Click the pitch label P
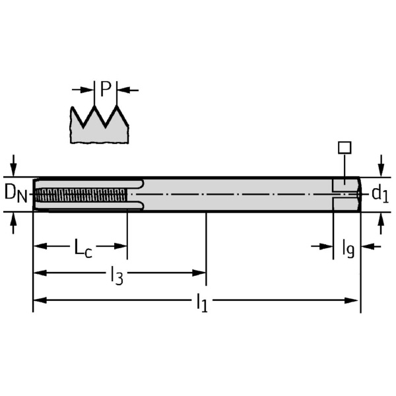point(106,89)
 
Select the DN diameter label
point(16,193)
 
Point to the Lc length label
point(83,247)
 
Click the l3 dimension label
point(117,276)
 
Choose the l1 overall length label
point(202,303)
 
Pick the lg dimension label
point(348,249)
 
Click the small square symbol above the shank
point(345,147)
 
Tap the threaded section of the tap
point(81,195)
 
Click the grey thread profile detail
point(99,128)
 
